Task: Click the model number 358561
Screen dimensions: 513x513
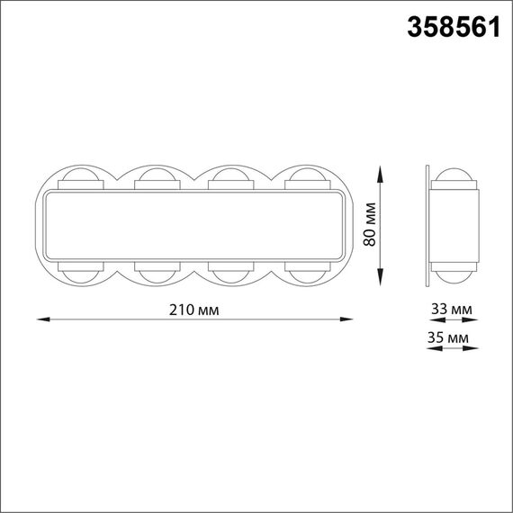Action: pyautogui.click(x=454, y=28)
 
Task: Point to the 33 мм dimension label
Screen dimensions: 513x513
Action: pyautogui.click(x=452, y=309)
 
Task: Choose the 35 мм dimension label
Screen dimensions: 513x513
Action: pyautogui.click(x=452, y=337)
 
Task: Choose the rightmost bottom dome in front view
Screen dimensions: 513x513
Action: pyautogui.click(x=307, y=274)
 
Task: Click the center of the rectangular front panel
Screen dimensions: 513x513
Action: pyautogui.click(x=194, y=225)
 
